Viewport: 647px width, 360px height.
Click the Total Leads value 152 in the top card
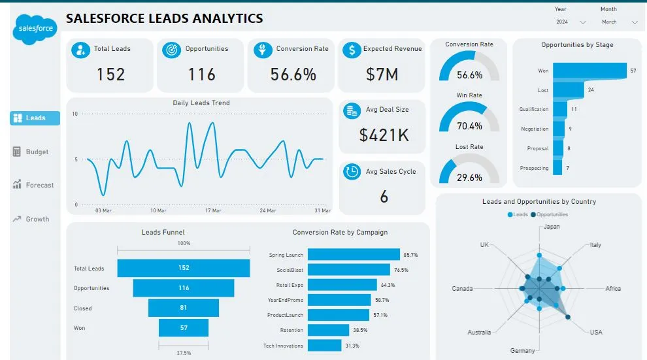pos(110,74)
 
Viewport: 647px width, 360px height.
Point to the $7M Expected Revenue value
pos(382,74)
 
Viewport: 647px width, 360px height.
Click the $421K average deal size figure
pos(384,135)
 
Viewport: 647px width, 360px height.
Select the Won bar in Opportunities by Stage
pos(588,71)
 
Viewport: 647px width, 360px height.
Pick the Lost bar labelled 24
pos(568,90)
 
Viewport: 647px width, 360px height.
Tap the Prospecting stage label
pos(534,168)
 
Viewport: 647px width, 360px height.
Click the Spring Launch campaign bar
pos(354,254)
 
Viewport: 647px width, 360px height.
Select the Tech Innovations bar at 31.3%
pos(324,346)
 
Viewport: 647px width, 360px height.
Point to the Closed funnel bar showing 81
pos(184,308)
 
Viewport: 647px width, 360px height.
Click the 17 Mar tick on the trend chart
pos(213,210)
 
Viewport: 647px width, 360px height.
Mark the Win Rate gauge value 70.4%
pos(469,126)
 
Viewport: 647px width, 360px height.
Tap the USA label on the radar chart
pos(595,332)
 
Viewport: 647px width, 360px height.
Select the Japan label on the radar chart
pos(552,227)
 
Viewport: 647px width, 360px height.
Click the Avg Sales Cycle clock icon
pos(352,171)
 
